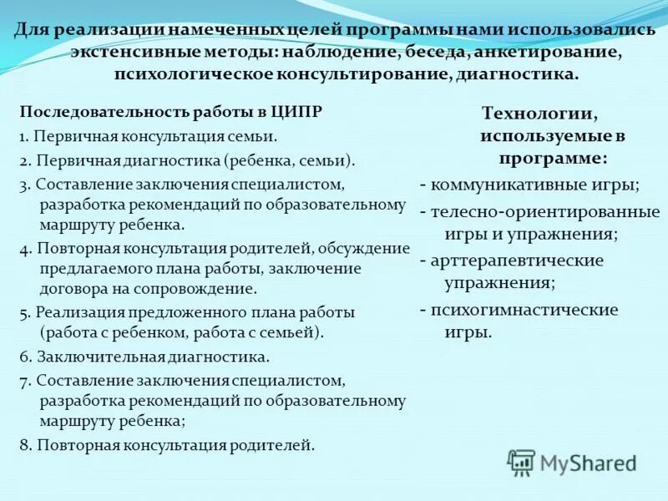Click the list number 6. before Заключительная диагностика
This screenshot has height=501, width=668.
[x=25, y=357]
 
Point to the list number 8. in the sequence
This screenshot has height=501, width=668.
[x=25, y=445]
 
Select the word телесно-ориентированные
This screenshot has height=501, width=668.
[x=545, y=211]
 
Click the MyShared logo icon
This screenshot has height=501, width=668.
[x=522, y=462]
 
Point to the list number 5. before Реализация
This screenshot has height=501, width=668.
[x=25, y=312]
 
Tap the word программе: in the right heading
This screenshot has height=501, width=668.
[x=553, y=156]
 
